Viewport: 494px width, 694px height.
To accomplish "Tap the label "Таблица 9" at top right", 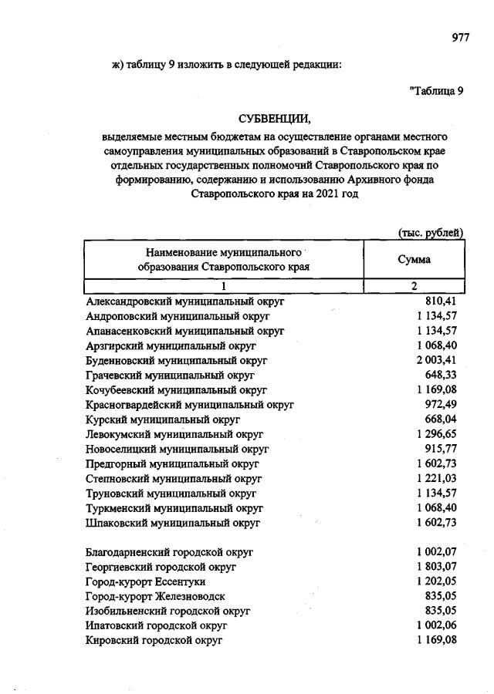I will tap(436, 90).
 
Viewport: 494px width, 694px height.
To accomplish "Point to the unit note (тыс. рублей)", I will tap(430, 233).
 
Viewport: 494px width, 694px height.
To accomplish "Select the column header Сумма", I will tap(414, 260).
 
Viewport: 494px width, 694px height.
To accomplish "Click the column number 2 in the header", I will tap(414, 286).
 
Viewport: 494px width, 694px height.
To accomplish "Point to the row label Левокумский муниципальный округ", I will tap(174, 434).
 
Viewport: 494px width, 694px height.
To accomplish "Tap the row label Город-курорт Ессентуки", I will tap(144, 581).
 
